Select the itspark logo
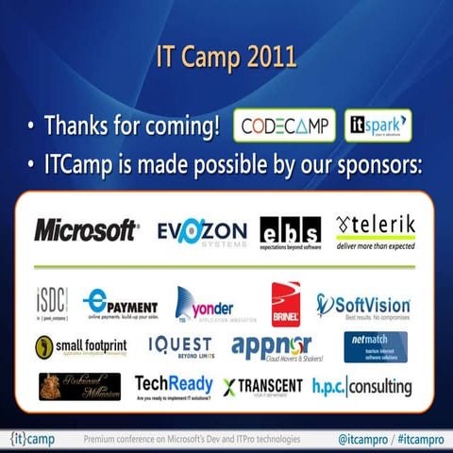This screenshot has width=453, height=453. click(377, 126)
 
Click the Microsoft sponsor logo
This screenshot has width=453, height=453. click(86, 230)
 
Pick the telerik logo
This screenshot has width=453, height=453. click(376, 230)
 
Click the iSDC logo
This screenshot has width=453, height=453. click(52, 304)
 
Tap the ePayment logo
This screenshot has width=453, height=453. click(119, 304)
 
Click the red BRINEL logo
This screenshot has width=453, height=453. click(285, 304)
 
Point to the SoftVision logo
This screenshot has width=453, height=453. click(363, 305)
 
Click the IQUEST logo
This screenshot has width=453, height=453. click(179, 346)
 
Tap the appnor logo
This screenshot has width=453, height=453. click(272, 347)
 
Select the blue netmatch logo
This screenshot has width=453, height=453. click(376, 346)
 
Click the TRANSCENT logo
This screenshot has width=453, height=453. click(263, 387)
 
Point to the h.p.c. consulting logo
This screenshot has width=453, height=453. click(362, 386)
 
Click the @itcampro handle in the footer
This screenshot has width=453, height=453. click(362, 440)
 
